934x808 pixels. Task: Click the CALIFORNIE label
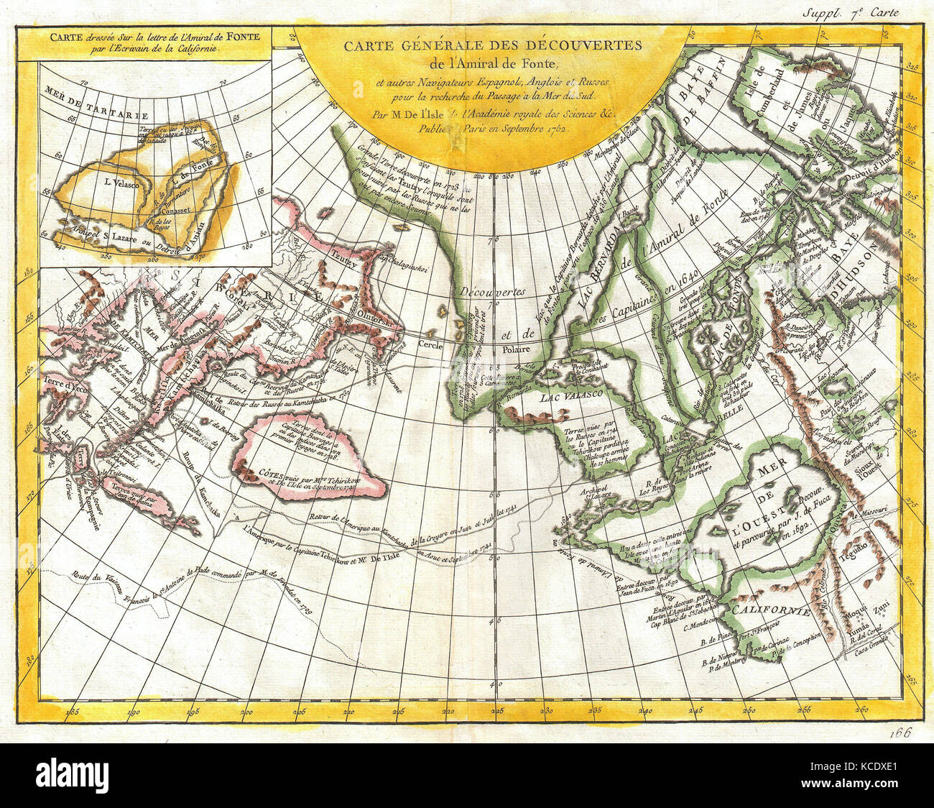(x=772, y=610)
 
